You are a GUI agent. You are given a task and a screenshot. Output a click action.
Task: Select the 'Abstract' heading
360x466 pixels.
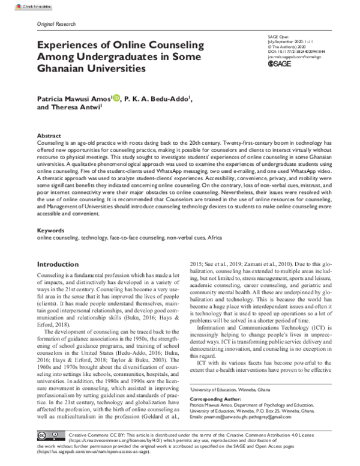click(49, 136)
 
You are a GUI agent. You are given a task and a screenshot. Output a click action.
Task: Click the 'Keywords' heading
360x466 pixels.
click(50, 230)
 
